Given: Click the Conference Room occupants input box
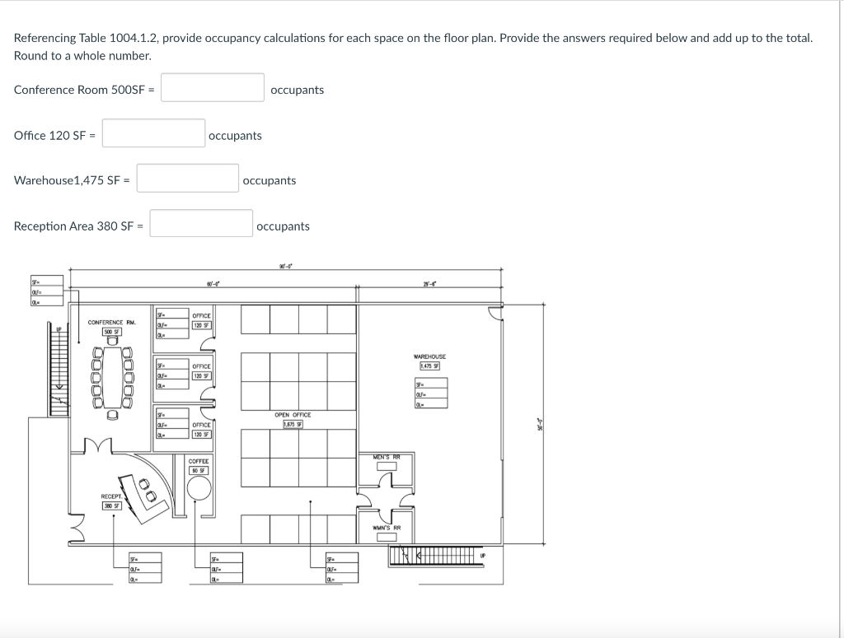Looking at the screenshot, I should pos(212,88).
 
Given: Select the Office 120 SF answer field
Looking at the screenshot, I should pos(153,133).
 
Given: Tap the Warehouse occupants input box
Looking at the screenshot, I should pos(188,179).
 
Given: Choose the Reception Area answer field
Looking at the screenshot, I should pos(201,224).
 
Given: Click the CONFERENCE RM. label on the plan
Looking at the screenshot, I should pos(111,322).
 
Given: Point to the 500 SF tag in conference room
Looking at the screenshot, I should pos(111,332).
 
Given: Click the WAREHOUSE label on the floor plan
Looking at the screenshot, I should pos(430,356).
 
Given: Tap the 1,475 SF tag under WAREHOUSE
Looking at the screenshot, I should pos(430,366).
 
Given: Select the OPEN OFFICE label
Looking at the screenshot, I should pos(293,415).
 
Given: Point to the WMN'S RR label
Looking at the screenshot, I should pos(387,528).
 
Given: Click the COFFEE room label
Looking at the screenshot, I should pos(199,461).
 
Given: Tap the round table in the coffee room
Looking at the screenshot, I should pos(199,488).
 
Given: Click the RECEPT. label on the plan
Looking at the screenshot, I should pos(112,496).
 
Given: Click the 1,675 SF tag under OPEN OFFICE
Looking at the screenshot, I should pos(293,424).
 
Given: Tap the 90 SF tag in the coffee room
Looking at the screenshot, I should pos(199,470).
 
